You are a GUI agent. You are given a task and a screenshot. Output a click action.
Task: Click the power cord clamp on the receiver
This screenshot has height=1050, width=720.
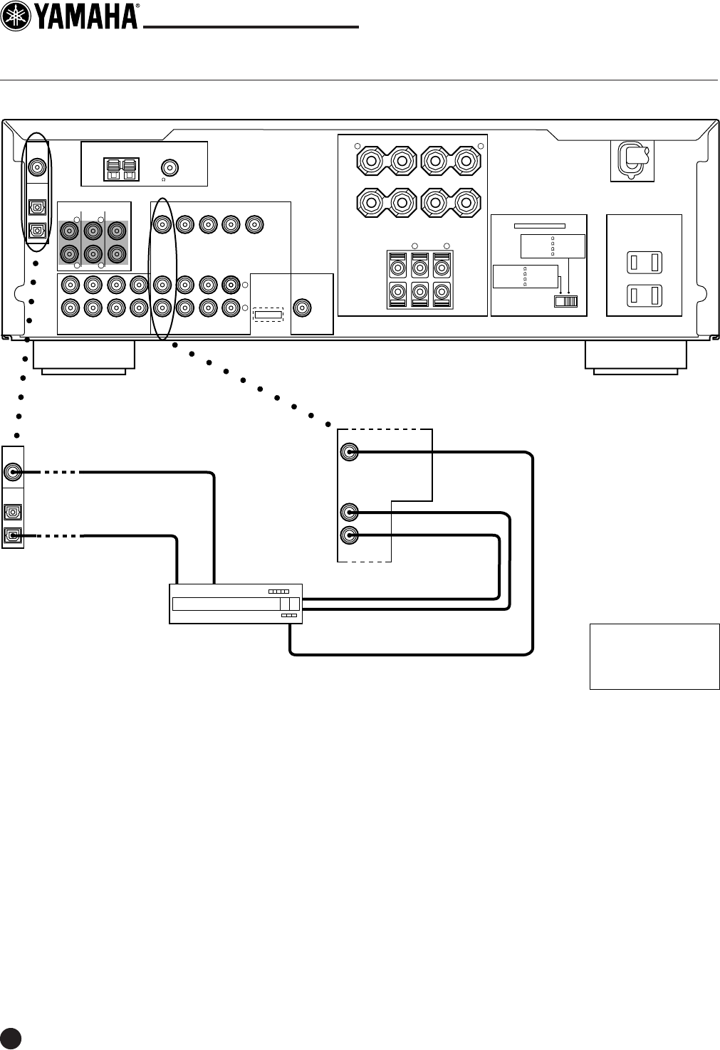tap(631, 157)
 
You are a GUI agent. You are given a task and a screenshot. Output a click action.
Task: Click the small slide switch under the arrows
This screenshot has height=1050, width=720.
tap(567, 302)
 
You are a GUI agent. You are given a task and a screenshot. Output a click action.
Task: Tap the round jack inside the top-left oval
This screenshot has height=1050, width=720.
tap(37, 169)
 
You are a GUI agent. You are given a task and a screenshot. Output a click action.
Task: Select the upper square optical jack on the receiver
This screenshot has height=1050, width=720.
tap(37, 207)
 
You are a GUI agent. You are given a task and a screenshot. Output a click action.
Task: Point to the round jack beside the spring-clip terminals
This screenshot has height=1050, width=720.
tap(169, 168)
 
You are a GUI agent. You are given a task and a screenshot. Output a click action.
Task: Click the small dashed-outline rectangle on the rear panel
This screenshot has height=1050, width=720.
tap(268, 315)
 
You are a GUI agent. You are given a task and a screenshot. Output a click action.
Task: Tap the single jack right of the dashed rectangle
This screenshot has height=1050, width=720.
tap(303, 308)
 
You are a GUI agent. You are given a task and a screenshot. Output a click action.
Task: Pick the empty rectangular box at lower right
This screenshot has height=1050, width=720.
tap(654, 656)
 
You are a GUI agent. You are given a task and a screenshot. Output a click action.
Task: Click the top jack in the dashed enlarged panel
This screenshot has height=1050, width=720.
tap(349, 452)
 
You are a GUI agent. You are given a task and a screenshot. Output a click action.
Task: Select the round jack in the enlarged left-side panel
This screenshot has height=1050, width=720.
tap(13, 472)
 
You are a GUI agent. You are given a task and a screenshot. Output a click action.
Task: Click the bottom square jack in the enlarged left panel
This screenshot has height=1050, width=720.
tap(13, 536)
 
